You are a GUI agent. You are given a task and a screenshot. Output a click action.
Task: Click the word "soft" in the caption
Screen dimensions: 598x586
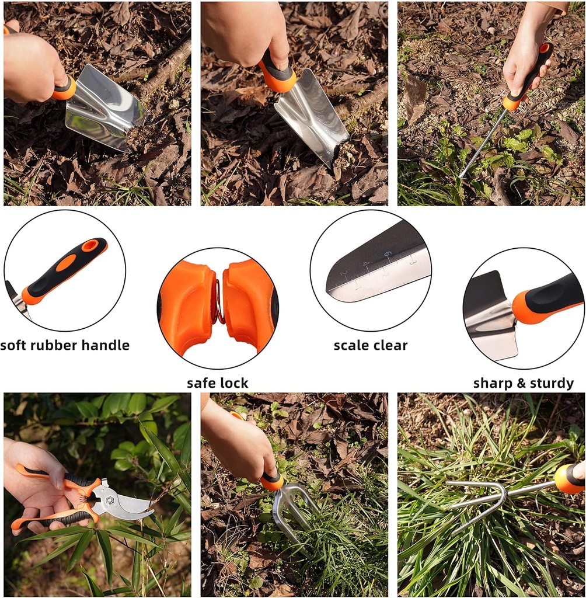(13, 345)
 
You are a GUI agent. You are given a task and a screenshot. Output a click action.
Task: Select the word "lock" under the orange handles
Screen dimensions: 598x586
(233, 383)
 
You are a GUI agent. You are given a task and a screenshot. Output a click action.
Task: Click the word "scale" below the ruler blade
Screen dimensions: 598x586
(350, 345)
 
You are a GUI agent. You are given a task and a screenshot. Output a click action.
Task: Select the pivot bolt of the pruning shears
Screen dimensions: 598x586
(109, 500)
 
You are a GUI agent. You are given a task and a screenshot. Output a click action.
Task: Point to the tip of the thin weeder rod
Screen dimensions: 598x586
(461, 175)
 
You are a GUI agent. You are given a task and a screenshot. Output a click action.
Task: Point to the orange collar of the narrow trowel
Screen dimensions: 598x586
(278, 79)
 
